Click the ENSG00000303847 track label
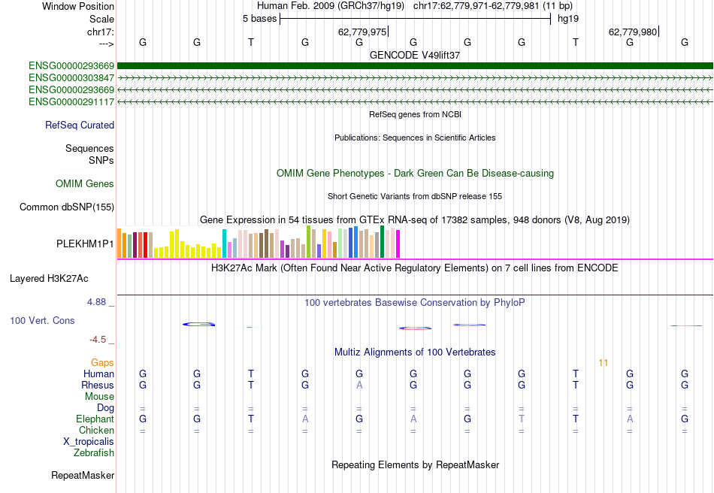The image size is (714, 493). click(x=71, y=77)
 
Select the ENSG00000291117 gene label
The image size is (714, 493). click(x=71, y=101)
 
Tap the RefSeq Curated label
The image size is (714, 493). click(x=80, y=126)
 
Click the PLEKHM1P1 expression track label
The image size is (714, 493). click(x=86, y=244)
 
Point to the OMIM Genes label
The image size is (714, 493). click(x=85, y=184)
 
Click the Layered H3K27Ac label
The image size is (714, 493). click(x=49, y=279)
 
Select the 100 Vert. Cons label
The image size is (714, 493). click(x=42, y=321)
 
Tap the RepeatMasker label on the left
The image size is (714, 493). click(x=83, y=476)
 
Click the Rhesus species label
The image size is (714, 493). click(x=98, y=385)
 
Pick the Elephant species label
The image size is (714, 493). click(x=95, y=419)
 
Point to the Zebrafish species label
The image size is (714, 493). click(x=94, y=453)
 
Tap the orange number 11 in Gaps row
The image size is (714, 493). click(x=603, y=363)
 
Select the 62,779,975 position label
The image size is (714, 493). click(x=363, y=32)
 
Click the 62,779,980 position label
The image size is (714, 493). click(x=634, y=32)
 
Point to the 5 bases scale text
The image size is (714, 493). click(x=259, y=19)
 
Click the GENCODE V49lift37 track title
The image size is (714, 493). click(x=415, y=56)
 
